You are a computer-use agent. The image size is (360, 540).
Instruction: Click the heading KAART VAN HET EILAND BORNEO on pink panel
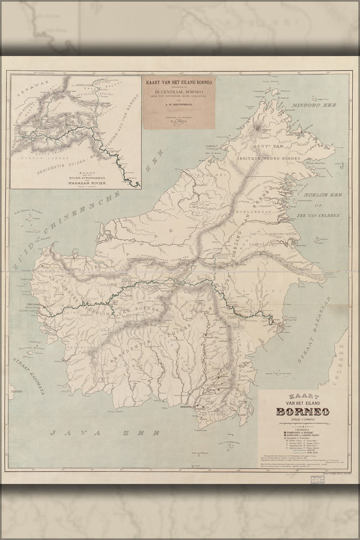pos(178,82)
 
